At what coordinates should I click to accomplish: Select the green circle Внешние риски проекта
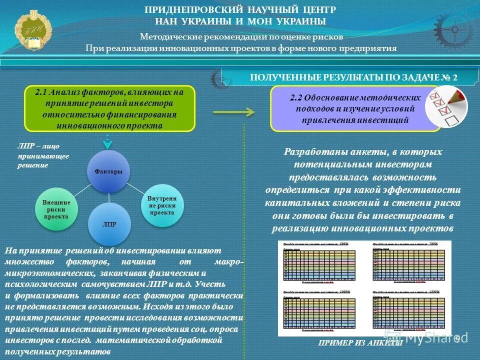click(56, 209)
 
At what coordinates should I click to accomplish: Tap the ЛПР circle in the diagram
click(109, 223)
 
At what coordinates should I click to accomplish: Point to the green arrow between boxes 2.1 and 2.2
click(234, 112)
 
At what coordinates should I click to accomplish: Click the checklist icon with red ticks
click(446, 106)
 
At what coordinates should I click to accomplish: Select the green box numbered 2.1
click(109, 108)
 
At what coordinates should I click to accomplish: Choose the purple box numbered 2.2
click(355, 108)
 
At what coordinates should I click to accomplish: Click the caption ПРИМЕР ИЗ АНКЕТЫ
click(360, 343)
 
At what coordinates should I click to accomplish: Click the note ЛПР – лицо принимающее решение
click(43, 155)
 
